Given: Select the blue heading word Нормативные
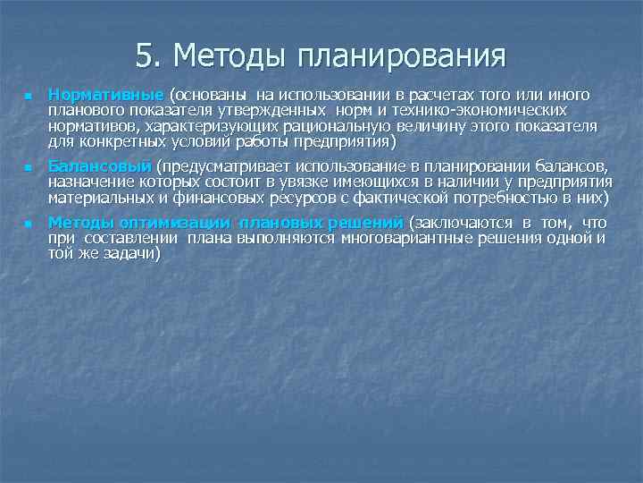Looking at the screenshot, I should pyautogui.click(x=105, y=95).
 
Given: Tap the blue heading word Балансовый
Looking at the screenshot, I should pyautogui.click(x=99, y=166).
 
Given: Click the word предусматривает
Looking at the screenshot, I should pyautogui.click(x=237, y=166).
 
